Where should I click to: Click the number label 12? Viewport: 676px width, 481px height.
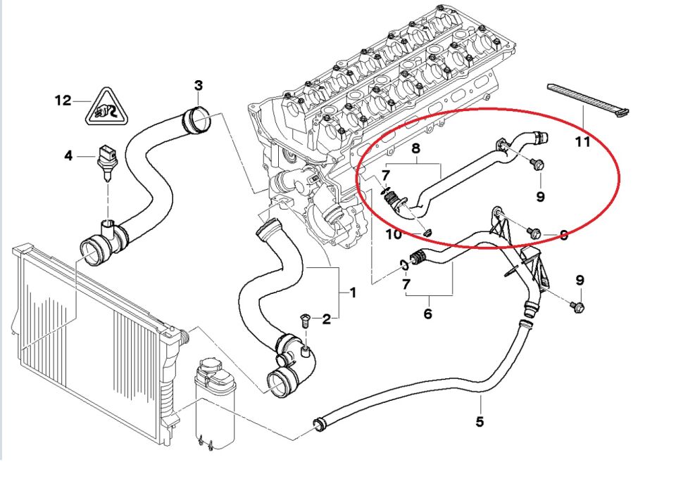coord(63,101)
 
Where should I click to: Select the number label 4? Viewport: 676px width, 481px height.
coord(68,155)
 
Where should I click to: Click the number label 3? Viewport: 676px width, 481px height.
coord(199,86)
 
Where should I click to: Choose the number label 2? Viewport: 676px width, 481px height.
coord(327,320)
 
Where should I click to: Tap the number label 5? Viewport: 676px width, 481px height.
coord(480,422)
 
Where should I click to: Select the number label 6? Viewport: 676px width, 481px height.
coord(428,314)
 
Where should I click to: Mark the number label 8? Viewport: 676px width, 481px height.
coord(415,148)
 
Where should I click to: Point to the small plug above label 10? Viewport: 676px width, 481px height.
coord(427,231)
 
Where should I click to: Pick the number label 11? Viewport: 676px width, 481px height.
coord(582,142)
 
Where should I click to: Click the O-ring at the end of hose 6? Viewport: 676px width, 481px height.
coord(404,265)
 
